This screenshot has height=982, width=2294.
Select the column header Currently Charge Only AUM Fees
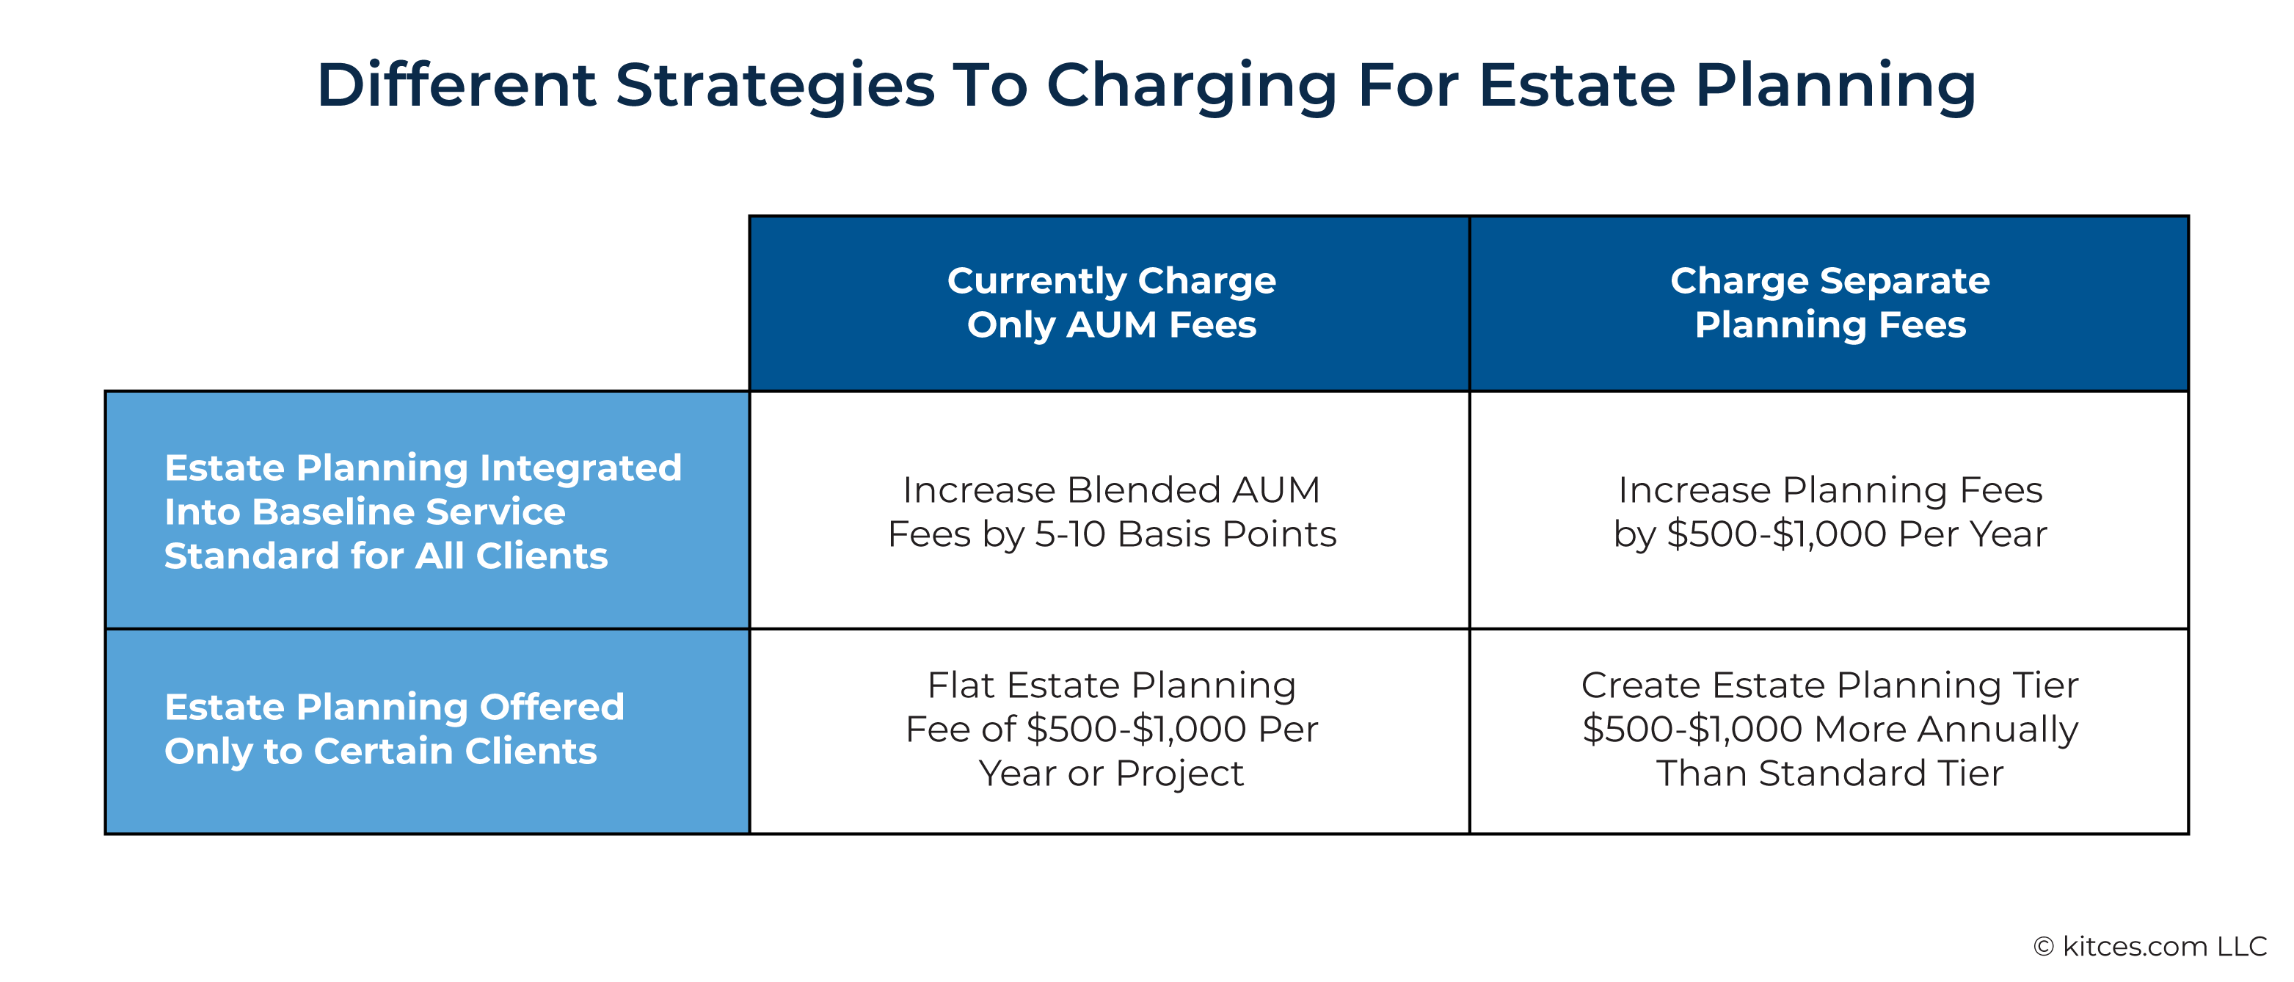[1111, 302]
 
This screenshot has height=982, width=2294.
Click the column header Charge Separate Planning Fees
[1830, 302]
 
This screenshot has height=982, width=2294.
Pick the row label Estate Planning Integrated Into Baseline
[423, 512]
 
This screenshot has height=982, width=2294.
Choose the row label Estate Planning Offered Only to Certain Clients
[395, 729]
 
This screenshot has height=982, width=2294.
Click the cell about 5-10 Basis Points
[1111, 512]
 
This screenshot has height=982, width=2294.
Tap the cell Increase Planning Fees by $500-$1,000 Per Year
[1830, 512]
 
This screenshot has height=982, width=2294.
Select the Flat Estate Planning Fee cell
[1111, 729]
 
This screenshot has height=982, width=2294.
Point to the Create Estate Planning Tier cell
[1830, 729]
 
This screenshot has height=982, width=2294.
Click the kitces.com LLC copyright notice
[2151, 946]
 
